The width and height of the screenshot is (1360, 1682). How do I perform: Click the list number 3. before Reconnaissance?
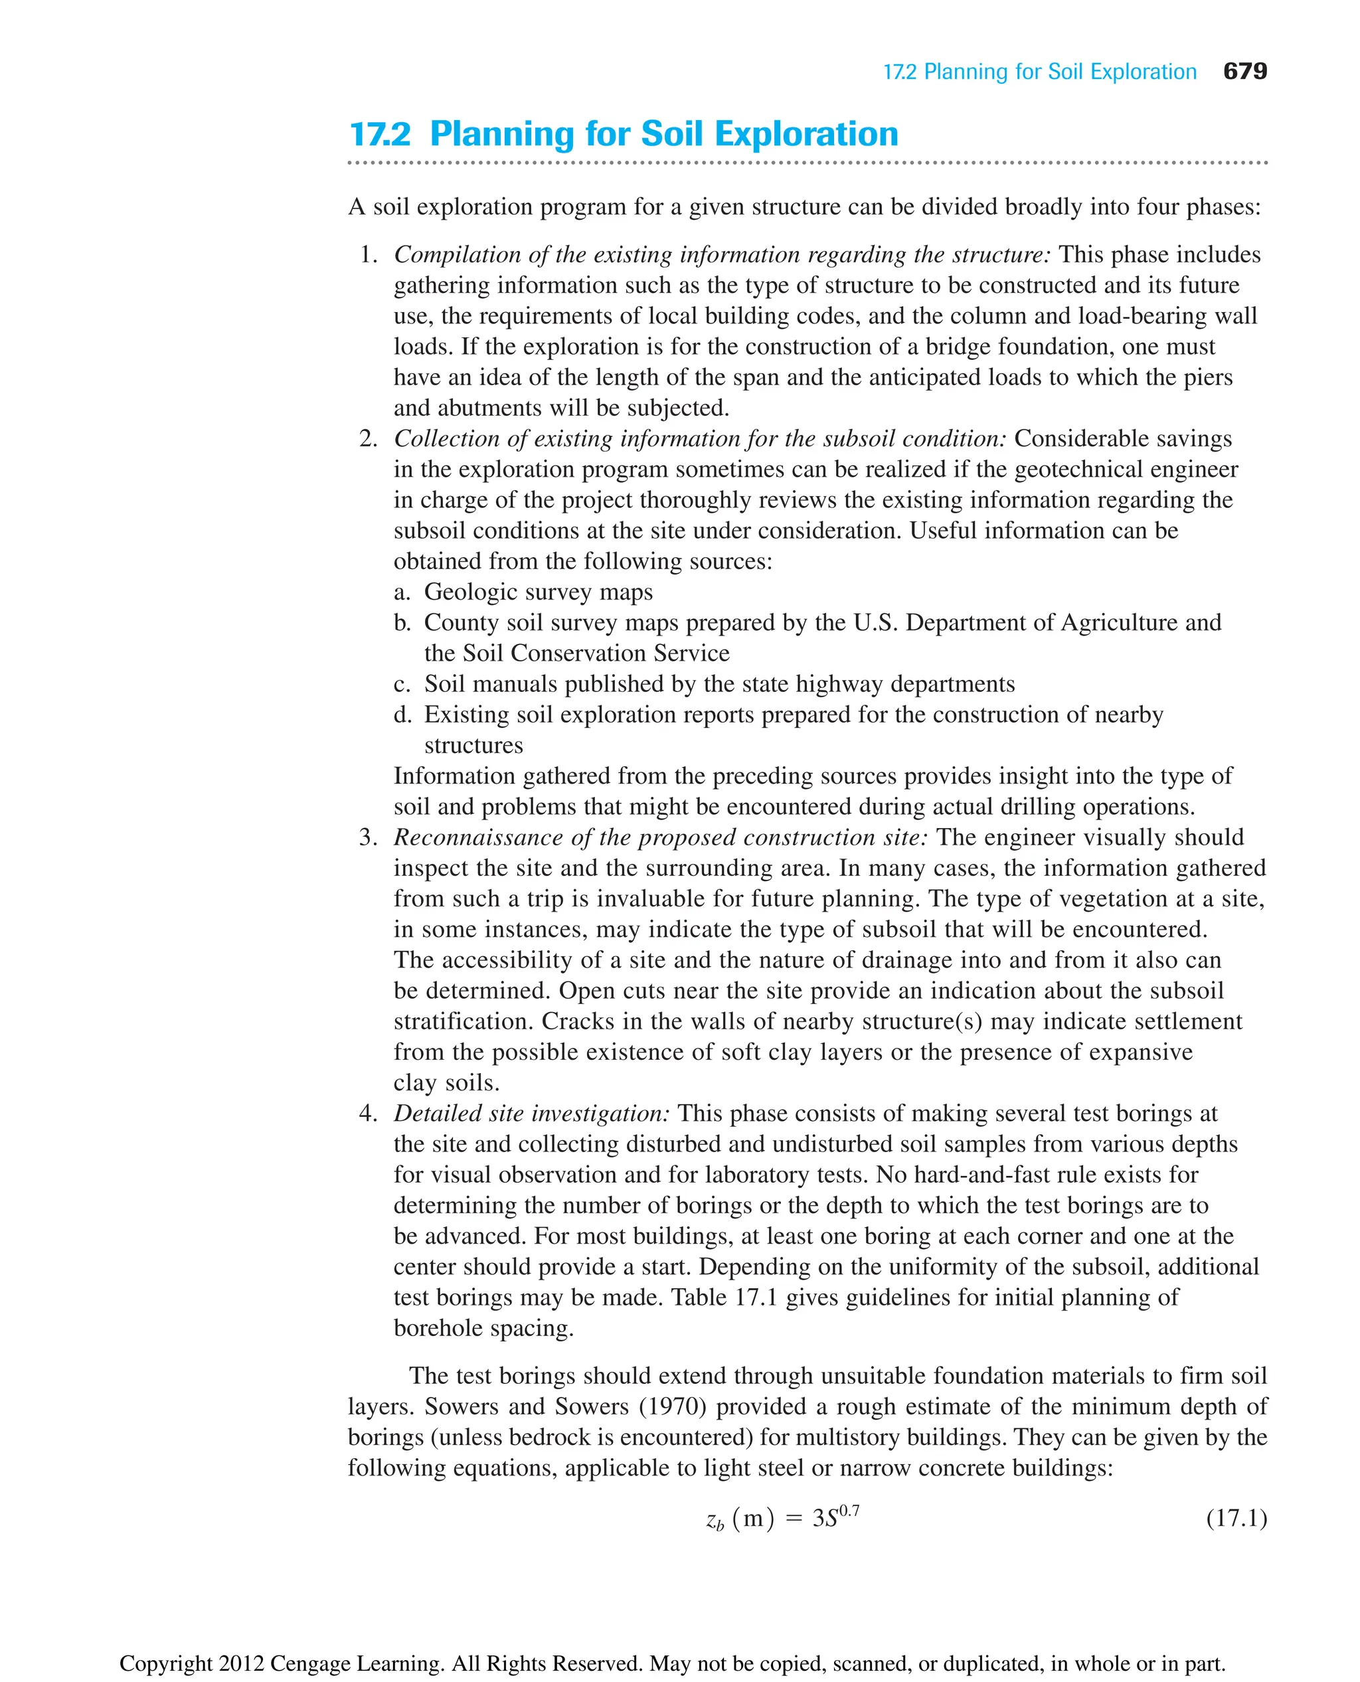pyautogui.click(x=368, y=837)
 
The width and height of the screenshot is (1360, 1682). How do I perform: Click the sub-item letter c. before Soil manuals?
pyautogui.click(x=402, y=684)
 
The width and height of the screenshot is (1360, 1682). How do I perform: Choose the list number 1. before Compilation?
pyautogui.click(x=368, y=254)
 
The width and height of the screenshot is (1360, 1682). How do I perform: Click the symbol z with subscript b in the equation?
pyautogui.click(x=715, y=1521)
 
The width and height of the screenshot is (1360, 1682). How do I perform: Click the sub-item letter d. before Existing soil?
pyautogui.click(x=402, y=715)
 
